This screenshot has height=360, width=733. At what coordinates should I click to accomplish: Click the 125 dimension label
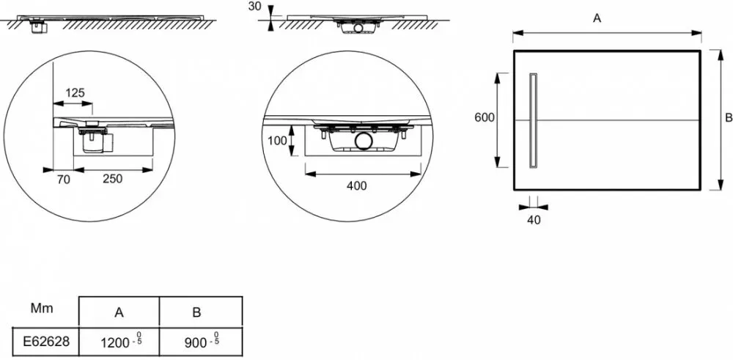[75, 93]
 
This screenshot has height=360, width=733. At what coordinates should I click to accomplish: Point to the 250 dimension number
[112, 178]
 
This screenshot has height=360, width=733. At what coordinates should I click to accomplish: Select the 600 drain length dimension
[485, 117]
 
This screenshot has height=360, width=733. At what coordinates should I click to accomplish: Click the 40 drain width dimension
[533, 220]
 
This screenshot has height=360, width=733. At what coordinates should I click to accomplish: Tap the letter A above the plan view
[596, 20]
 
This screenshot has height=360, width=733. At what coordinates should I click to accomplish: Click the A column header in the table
[119, 312]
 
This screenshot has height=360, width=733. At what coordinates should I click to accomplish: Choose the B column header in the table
[196, 312]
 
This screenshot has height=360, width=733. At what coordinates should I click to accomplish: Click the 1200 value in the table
[114, 342]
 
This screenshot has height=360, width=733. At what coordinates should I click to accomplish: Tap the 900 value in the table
[194, 342]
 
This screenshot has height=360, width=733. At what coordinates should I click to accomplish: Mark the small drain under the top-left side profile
[37, 27]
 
